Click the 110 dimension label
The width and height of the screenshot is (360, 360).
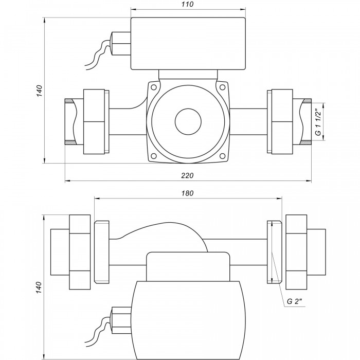click(188, 5)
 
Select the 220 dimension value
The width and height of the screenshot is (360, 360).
click(188, 176)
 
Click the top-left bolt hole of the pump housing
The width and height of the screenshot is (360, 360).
click(153, 88)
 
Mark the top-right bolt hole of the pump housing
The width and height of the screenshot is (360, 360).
click(223, 88)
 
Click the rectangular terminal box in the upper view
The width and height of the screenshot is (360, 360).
click(188, 44)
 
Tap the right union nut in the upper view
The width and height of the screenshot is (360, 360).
click(282, 121)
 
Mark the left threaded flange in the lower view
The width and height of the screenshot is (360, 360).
click(102, 252)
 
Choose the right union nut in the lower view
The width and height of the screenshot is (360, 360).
click(297, 252)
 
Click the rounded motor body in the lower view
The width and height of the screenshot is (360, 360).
click(188, 314)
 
